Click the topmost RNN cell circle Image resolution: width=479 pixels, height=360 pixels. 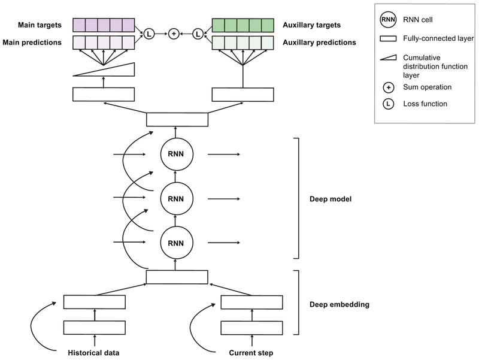[177, 154]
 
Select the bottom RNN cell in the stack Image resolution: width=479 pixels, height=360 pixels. [177, 242]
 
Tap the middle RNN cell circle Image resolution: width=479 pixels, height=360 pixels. [177, 198]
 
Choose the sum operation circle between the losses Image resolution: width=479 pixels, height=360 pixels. [174, 34]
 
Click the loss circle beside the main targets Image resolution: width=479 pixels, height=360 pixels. [148, 34]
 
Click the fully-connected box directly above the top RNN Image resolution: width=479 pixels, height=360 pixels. [177, 119]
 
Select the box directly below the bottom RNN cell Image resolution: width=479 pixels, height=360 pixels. [177, 277]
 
